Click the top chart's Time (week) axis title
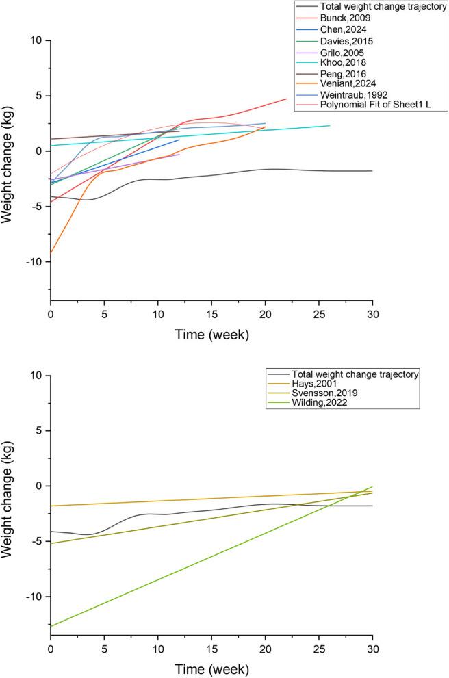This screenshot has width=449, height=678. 211,335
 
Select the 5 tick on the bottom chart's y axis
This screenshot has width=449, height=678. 39,431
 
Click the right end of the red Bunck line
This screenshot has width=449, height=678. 287,99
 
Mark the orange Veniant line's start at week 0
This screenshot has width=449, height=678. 51,252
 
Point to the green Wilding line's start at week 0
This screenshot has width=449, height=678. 51,626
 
